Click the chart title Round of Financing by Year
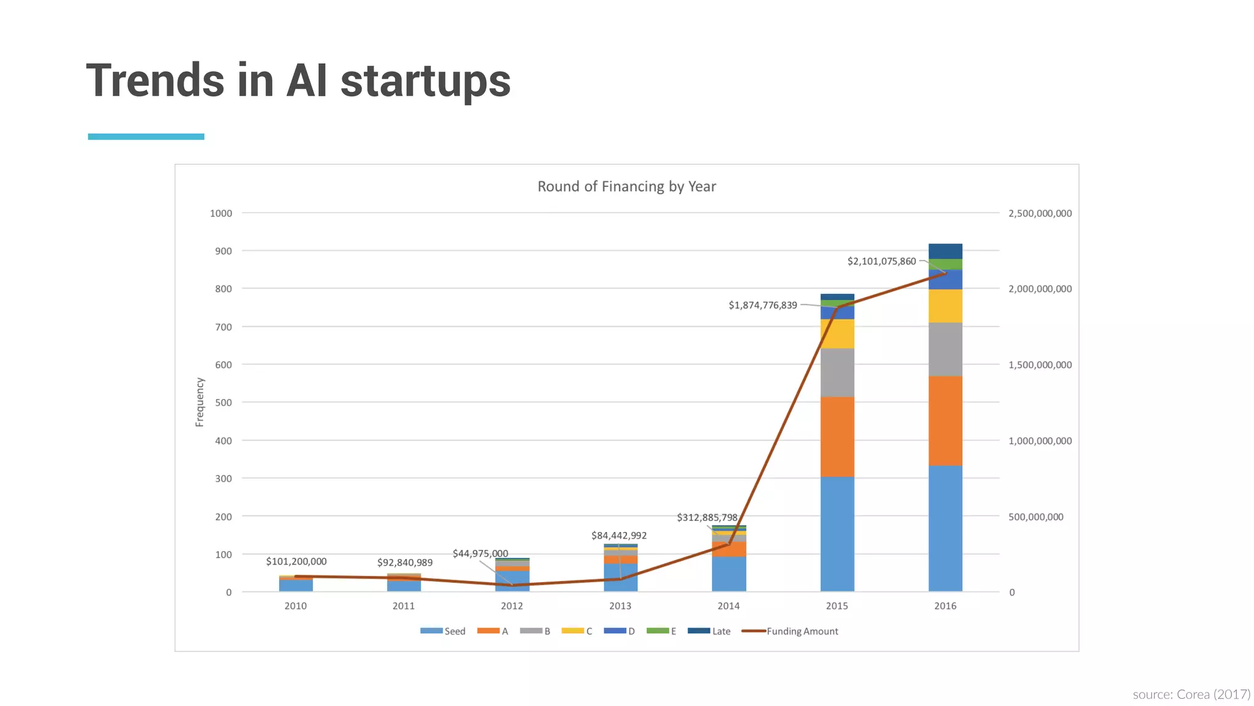626,186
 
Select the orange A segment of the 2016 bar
945,420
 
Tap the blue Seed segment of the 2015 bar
837,533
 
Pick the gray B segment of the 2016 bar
945,349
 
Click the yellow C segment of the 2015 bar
837,333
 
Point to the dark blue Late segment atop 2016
945,251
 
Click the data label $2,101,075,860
881,261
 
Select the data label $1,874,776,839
762,305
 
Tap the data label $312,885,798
707,517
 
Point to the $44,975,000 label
480,553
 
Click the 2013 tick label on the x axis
620,606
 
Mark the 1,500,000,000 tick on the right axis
1040,365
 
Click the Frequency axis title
200,402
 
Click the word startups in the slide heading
425,81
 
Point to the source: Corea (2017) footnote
1191,694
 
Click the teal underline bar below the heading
146,137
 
